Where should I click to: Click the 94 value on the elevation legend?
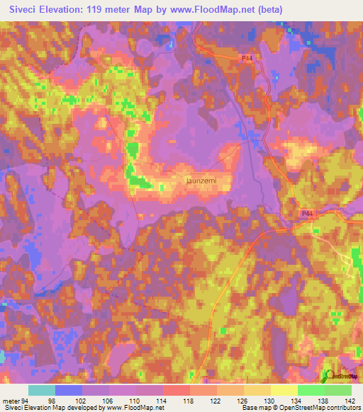coord(26,401)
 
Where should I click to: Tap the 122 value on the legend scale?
coord(217,401)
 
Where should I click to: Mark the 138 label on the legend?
coord(324,401)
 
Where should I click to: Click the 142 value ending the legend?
coord(350,401)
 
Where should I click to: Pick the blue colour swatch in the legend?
coord(69,390)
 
